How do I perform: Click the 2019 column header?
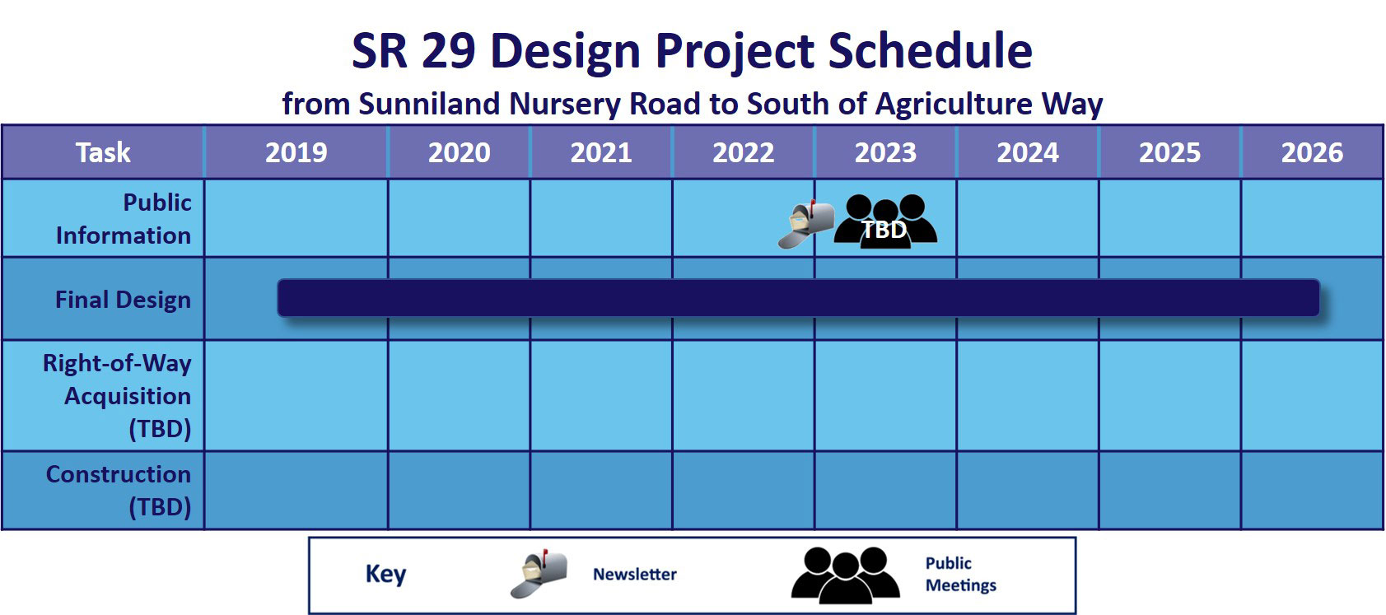[296, 152]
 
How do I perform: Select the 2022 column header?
[743, 152]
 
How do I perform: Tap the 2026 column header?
[1312, 152]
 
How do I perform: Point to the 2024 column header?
[1027, 152]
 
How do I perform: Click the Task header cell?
[103, 152]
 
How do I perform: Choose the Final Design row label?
[124, 300]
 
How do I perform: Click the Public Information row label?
[124, 218]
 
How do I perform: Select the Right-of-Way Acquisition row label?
[117, 395]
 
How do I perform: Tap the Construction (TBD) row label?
[119, 490]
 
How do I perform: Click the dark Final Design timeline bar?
[798, 297]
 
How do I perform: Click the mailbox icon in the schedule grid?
[805, 225]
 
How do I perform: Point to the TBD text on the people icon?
[884, 230]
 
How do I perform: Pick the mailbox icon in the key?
[539, 574]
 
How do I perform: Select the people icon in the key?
[845, 575]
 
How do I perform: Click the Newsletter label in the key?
[635, 574]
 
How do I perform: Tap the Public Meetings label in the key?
[961, 574]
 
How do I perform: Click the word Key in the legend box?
[385, 574]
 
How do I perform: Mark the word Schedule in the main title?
[930, 50]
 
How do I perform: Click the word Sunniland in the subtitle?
[429, 104]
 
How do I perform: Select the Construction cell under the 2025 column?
[1169, 490]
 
